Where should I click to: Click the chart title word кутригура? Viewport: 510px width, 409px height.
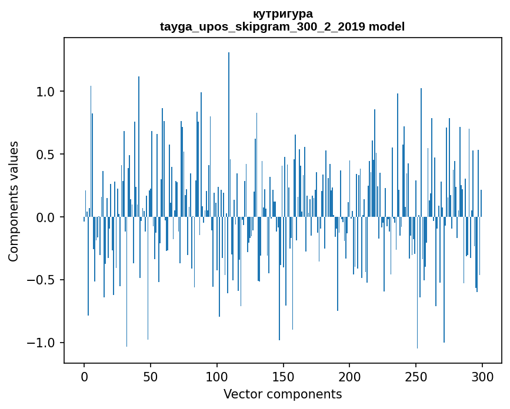282,14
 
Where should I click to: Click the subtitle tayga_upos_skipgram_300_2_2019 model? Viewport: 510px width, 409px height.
282,26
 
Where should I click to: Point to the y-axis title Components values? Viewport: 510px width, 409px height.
14,201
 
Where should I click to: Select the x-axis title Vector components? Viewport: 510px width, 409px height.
282,394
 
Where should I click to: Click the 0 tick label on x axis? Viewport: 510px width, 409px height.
84,376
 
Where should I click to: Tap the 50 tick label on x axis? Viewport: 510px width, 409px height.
151,376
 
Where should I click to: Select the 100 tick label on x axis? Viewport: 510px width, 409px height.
217,376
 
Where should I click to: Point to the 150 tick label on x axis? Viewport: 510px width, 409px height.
284,376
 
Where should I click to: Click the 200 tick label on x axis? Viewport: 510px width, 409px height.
349,376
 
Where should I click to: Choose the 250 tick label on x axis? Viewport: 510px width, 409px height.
416,376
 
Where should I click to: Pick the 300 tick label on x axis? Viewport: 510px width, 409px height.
482,376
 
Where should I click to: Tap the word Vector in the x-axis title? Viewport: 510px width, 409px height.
241,394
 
